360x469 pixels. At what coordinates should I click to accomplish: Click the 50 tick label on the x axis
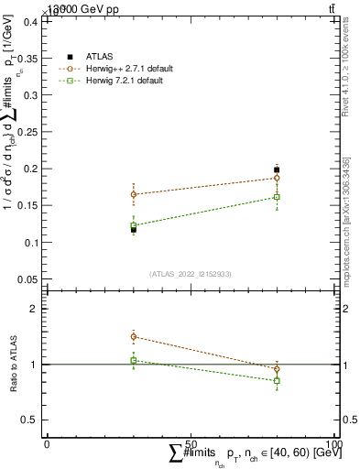[191, 443]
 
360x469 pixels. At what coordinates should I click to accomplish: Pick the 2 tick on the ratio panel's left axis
[33, 309]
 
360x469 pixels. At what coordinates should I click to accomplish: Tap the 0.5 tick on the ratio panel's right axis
[347, 420]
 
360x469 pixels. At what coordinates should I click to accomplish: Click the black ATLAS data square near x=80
[277, 169]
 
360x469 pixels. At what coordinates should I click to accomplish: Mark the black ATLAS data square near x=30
[134, 229]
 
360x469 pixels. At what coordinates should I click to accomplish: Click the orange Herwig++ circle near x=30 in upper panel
[134, 194]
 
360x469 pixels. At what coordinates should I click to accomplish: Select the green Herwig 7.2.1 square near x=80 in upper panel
[277, 197]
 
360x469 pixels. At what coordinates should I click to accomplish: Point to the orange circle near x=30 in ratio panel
[134, 337]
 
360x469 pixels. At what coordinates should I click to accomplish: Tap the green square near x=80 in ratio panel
[277, 380]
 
